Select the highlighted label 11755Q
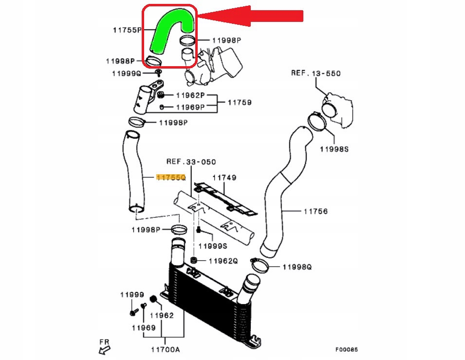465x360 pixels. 171,178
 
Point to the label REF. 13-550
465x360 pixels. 316,73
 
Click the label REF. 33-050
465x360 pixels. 191,162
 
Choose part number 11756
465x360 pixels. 316,212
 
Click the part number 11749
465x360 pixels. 225,178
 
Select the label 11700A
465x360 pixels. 165,349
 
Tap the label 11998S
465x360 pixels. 334,149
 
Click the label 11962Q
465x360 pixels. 223,261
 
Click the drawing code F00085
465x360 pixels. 346,349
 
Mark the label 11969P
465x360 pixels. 190,107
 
